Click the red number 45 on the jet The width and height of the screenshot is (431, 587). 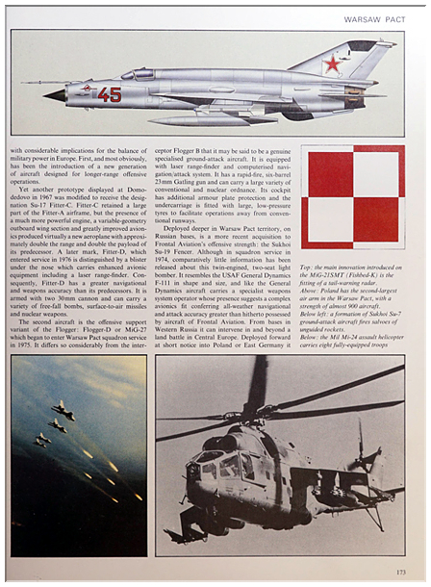(x=109, y=94)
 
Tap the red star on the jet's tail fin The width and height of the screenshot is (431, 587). (x=333, y=64)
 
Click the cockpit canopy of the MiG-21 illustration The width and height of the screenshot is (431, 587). (x=141, y=74)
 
